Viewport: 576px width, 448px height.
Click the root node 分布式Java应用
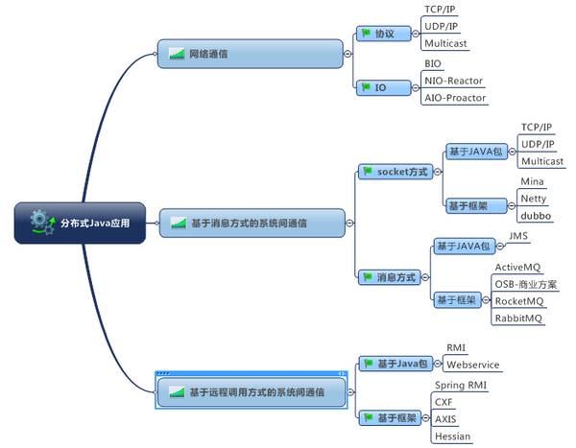click(80, 223)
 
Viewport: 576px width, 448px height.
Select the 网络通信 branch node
click(250, 54)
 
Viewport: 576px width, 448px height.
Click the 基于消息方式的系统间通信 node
click(251, 223)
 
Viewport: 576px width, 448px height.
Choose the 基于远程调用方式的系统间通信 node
click(251, 391)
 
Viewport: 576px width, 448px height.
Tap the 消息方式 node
click(394, 276)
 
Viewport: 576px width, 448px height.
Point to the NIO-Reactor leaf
click(454, 81)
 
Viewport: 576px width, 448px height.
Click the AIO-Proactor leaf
click(455, 98)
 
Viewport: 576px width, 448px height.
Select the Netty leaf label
click(534, 199)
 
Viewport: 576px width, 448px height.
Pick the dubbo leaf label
click(536, 216)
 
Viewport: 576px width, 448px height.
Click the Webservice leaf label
click(473, 365)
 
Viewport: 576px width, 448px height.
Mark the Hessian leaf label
click(453, 436)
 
